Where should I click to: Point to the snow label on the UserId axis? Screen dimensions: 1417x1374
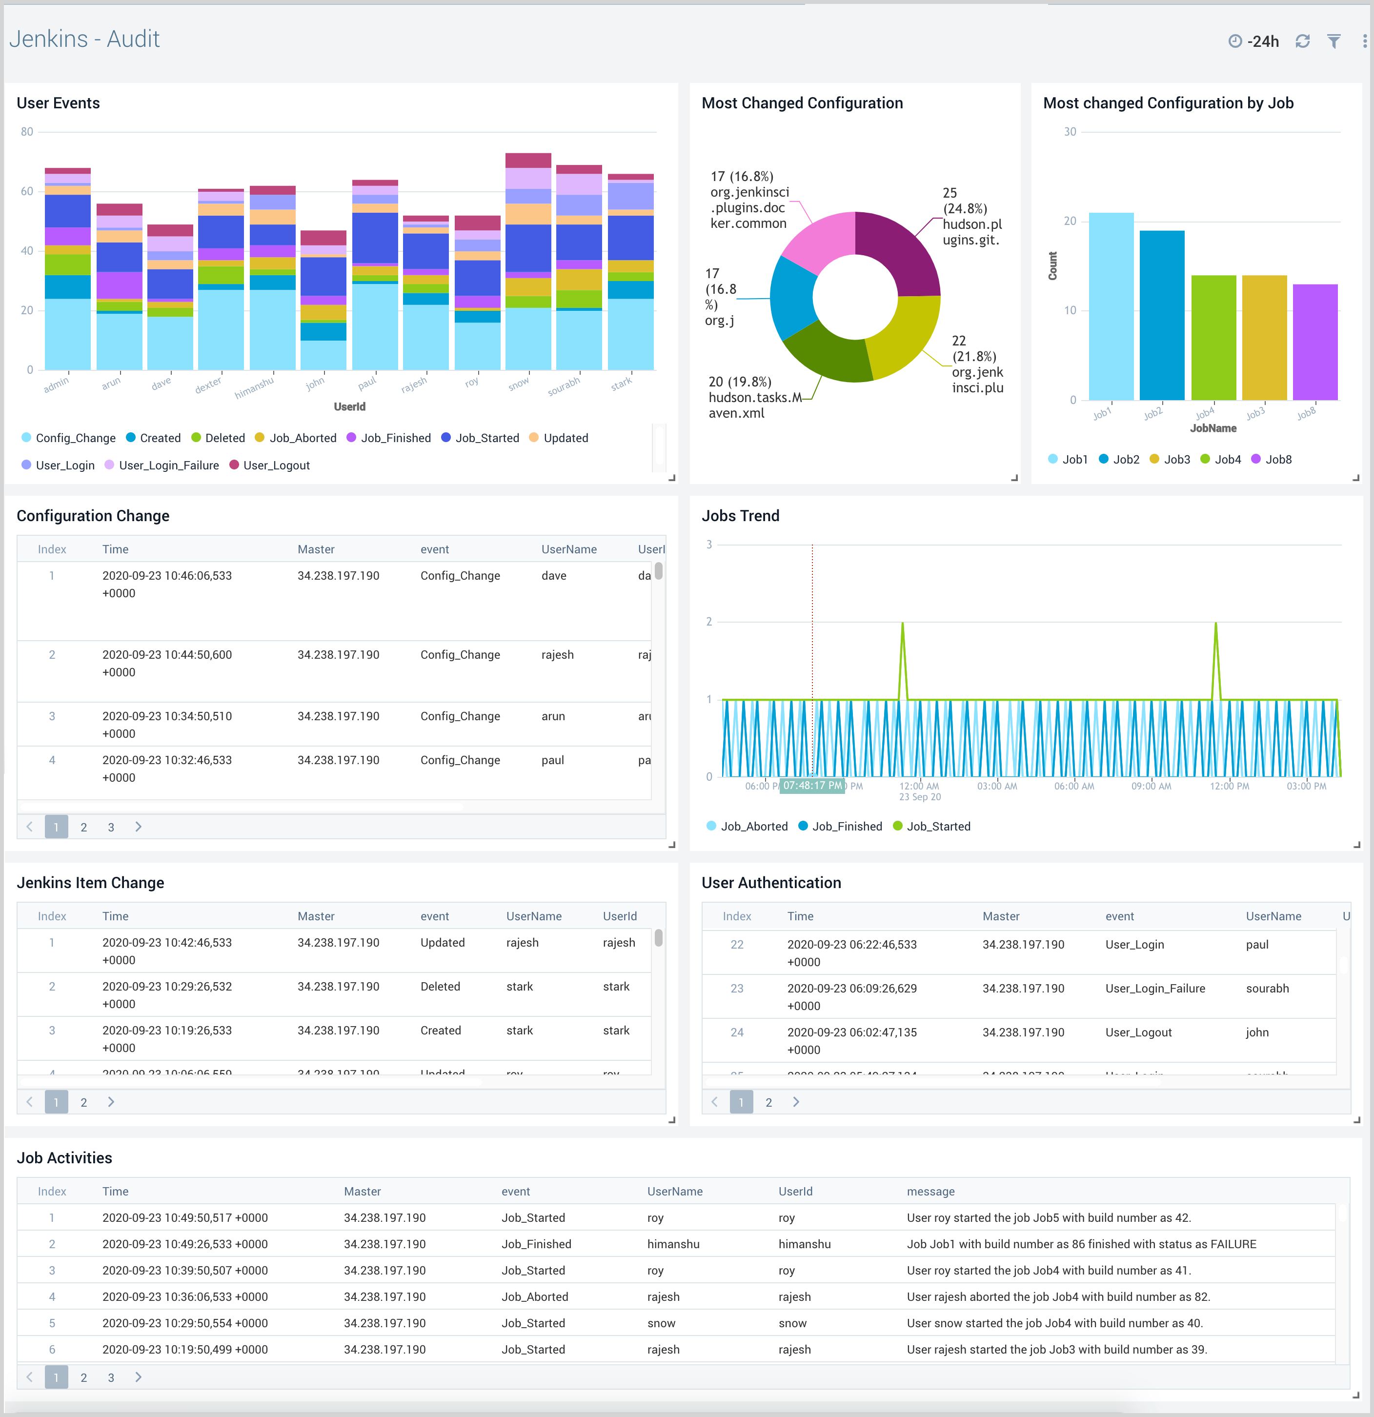coord(518,385)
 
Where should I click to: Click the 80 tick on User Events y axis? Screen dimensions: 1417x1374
coord(27,132)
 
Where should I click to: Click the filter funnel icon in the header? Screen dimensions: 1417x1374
coord(1334,41)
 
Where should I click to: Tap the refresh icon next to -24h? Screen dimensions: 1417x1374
coord(1302,41)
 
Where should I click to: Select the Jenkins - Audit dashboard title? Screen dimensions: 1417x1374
coord(84,39)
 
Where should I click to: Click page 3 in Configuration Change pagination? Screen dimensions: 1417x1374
coord(111,827)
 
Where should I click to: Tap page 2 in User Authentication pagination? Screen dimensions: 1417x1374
coord(768,1102)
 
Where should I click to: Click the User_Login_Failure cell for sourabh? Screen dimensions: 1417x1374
coord(1155,988)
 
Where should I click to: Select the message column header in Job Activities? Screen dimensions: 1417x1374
coord(930,1192)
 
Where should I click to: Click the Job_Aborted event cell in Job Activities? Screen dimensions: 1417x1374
coord(535,1297)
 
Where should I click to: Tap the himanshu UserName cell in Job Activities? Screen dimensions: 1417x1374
coord(673,1244)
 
